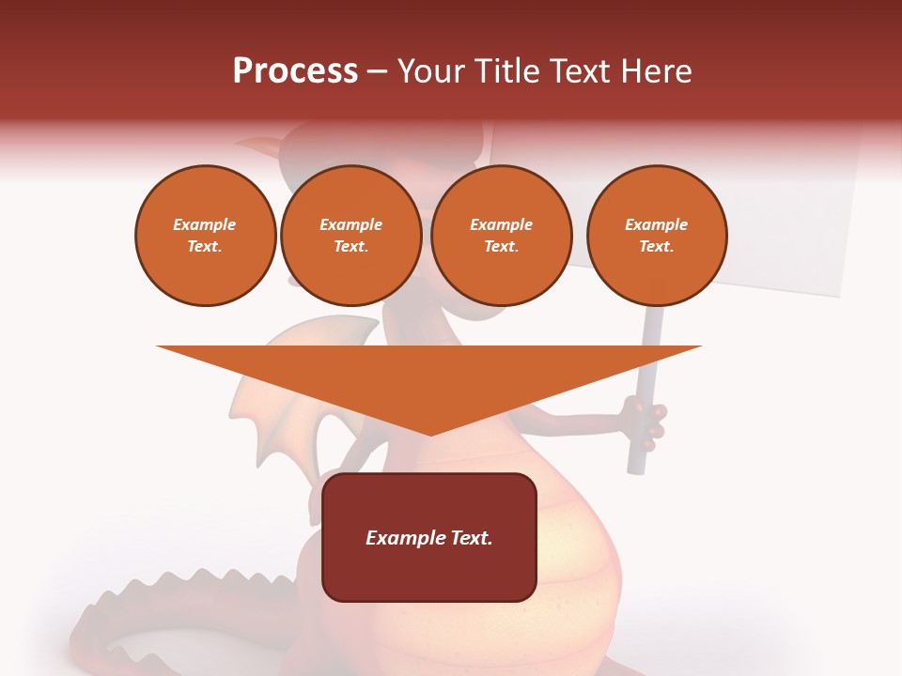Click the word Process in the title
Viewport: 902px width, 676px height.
(x=295, y=71)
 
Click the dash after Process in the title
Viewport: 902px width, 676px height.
(x=378, y=72)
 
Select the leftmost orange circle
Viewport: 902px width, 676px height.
(x=205, y=235)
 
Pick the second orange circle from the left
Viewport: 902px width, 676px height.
(x=350, y=235)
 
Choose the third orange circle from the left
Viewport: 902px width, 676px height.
(x=501, y=235)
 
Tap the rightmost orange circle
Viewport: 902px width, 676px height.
(x=657, y=235)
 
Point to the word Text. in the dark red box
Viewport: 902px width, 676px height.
(x=473, y=538)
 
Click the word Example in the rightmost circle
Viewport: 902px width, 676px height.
(x=657, y=224)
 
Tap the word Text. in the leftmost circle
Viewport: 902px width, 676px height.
(x=205, y=246)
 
